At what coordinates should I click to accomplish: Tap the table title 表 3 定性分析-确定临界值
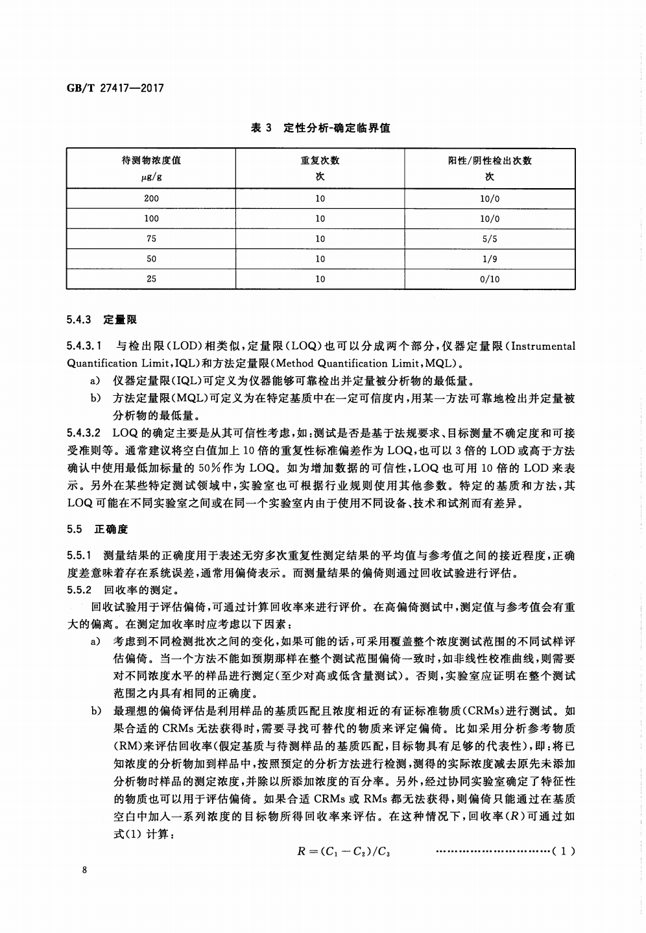[320, 128]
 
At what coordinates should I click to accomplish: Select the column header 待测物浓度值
[151, 160]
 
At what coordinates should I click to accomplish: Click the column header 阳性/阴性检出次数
[490, 160]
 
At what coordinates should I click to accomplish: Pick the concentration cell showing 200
[151, 199]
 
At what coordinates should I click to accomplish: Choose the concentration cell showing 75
[151, 239]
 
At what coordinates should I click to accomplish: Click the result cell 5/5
[490, 239]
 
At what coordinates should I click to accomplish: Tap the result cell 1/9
[490, 259]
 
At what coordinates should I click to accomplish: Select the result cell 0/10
[490, 279]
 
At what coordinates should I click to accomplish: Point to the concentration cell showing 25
[151, 279]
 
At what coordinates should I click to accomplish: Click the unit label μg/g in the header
[151, 176]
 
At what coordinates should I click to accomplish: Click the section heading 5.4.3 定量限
[102, 319]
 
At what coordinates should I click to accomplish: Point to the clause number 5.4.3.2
[84, 432]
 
